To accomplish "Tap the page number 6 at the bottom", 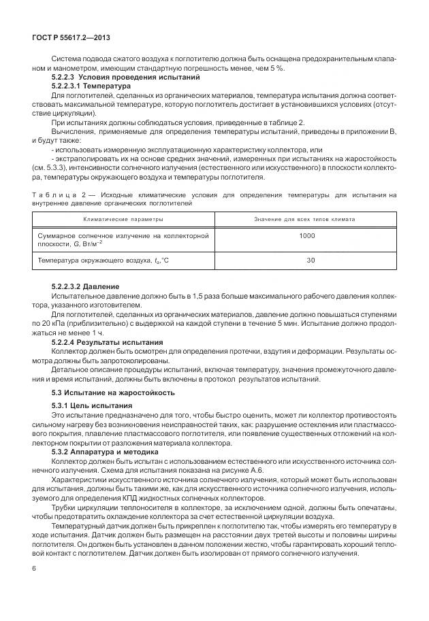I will point(34,568).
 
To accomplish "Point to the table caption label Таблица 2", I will point(61,196).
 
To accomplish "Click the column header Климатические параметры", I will point(123,220).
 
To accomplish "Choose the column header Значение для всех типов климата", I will point(304,220).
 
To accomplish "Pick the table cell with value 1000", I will point(307,235).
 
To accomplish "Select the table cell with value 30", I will point(311,260).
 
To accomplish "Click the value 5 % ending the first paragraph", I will point(278,69).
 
